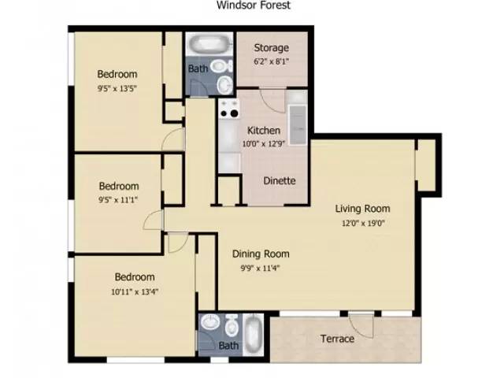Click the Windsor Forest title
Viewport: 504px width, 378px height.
(254, 5)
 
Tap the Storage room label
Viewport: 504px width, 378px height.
(271, 48)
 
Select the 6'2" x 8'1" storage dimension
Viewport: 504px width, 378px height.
(271, 61)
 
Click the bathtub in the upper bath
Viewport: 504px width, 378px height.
(209, 44)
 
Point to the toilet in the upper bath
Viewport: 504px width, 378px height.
(221, 66)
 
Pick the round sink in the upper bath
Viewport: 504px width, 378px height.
(224, 85)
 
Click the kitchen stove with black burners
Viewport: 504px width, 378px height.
(229, 109)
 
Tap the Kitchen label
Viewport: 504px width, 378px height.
(264, 131)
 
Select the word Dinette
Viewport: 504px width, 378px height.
(280, 180)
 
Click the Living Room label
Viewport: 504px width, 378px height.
(362, 209)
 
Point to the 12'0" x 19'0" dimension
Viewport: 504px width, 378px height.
(363, 223)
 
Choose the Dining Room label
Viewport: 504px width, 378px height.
(261, 254)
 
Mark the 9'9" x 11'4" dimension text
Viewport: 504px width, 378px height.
(261, 268)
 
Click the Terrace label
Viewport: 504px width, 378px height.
(337, 339)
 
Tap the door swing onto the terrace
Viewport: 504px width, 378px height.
(361, 325)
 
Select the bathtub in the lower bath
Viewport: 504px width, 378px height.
(253, 335)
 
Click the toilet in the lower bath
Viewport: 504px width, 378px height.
(231, 325)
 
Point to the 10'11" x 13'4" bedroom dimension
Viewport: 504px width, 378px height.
(135, 292)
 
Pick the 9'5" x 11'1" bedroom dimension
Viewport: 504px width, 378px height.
(118, 200)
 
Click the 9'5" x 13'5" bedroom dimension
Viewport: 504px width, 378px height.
(117, 88)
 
